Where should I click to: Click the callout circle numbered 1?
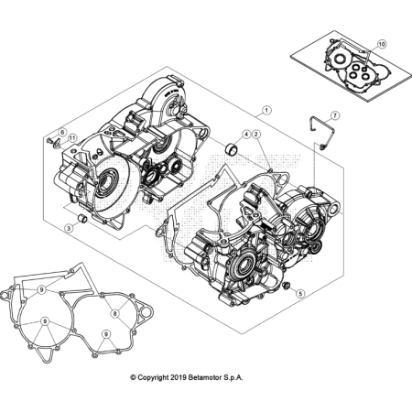coord(266,111)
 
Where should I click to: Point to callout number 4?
coord(244,135)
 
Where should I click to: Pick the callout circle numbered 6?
coord(62,134)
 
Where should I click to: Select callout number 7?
coord(335,116)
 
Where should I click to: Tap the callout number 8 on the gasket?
coord(115,313)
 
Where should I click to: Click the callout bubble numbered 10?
coord(382,43)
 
